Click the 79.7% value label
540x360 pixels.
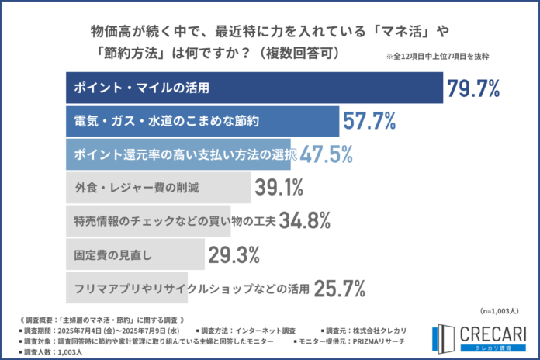pyautogui.click(x=472, y=88)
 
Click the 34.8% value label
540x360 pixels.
pyautogui.click(x=306, y=220)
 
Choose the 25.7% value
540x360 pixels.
pyautogui.click(x=339, y=288)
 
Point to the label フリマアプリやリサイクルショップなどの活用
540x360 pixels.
pyautogui.click(x=191, y=288)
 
